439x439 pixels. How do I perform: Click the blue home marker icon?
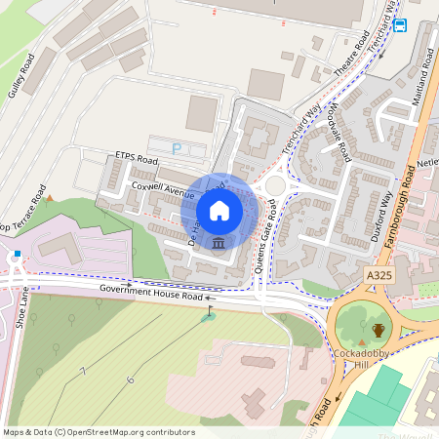pos(219,210)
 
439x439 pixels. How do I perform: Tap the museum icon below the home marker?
pos(219,242)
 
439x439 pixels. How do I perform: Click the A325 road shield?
pos(379,277)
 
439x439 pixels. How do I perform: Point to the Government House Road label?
pos(150,295)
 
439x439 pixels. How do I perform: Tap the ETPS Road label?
pos(136,157)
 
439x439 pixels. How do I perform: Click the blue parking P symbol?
pos(177,148)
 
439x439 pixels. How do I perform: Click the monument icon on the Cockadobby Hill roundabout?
pos(378,331)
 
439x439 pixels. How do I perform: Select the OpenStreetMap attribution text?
pos(99,432)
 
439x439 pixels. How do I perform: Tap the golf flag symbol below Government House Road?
pos(208,315)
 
